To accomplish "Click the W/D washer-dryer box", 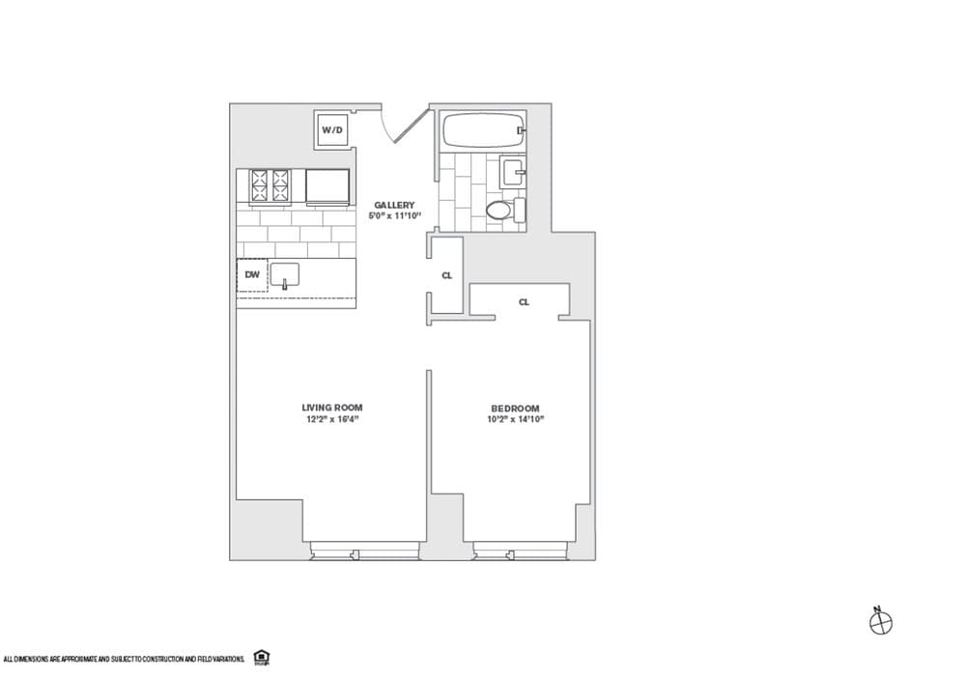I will (332, 129).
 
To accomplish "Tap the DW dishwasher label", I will (251, 275).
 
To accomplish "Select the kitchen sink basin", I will (285, 275).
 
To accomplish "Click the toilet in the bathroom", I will (499, 210).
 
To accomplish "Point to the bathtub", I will (481, 129).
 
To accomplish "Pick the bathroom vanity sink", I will (512, 175).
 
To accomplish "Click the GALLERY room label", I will (394, 205).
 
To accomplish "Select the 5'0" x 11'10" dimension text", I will (394, 216).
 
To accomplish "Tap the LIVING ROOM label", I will (331, 408).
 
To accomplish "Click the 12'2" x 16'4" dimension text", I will (331, 419).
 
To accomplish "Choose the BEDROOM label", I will (513, 408).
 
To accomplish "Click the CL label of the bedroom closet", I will (524, 302).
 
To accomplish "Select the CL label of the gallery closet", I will (446, 275).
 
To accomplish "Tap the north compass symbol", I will (881, 623).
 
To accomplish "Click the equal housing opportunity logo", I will (260, 658).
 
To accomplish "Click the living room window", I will (364, 552).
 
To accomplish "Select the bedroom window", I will (521, 552).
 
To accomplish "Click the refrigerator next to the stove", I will (327, 186).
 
